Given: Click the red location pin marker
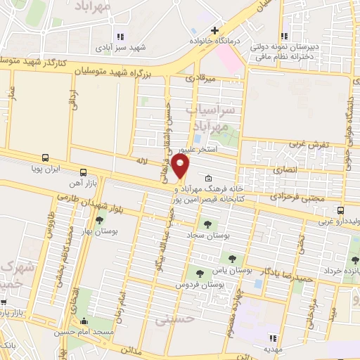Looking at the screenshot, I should pyautogui.click(x=181, y=167).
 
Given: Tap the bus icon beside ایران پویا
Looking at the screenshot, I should pyautogui.click(x=46, y=157).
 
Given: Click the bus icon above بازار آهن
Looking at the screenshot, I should pyautogui.click(x=83, y=172).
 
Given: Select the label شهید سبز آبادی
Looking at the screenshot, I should pyautogui.click(x=125, y=48).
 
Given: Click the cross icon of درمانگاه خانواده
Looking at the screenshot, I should pyautogui.click(x=214, y=30).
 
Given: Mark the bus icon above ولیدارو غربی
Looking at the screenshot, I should pyautogui.click(x=341, y=210).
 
